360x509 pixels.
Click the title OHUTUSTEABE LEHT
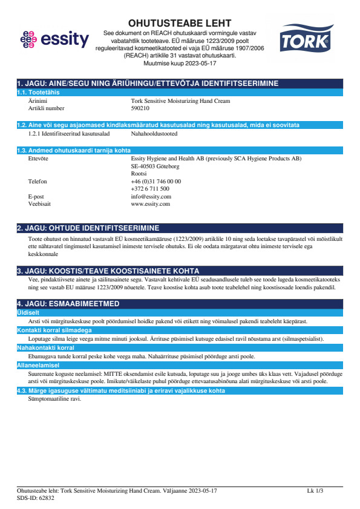[180, 23]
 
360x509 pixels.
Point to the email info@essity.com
[151, 197]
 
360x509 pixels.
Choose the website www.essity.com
[150, 204]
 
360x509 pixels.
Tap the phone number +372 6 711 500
[150, 189]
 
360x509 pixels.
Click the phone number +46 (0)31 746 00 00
[155, 181]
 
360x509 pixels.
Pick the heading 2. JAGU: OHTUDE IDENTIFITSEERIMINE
[88, 228]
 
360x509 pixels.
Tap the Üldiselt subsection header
[27, 312]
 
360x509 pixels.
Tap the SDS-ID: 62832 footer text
[36, 498]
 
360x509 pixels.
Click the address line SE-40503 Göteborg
[155, 166]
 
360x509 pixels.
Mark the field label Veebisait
[39, 204]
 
